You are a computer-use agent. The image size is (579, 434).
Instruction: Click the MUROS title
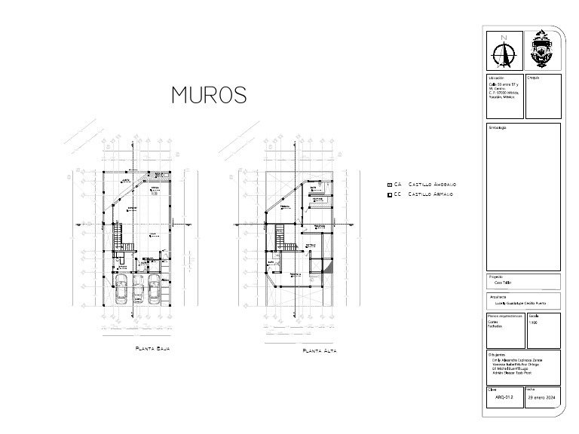[x=210, y=95]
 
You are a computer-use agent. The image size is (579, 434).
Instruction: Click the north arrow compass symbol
[x=504, y=53]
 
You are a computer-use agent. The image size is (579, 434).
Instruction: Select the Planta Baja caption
[x=153, y=349]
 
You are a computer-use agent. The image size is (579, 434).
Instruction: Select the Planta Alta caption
[x=319, y=351]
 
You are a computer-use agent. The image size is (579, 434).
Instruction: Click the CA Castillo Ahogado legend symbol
[x=389, y=185]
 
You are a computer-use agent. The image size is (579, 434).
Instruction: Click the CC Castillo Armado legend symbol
[x=389, y=195]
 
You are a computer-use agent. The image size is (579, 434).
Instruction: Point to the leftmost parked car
[x=122, y=289]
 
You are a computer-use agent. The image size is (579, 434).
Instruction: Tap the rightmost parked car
[x=155, y=289]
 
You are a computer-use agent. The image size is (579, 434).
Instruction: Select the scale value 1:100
[x=534, y=322]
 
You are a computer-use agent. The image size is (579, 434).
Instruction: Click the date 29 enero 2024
[x=542, y=397]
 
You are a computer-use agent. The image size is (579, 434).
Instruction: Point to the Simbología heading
[x=499, y=127]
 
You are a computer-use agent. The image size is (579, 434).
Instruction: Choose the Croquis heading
[x=533, y=78]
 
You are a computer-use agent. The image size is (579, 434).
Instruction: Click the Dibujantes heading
[x=497, y=354]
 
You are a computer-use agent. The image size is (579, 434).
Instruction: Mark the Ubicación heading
[x=496, y=78]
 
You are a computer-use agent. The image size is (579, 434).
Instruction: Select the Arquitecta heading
[x=498, y=297]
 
